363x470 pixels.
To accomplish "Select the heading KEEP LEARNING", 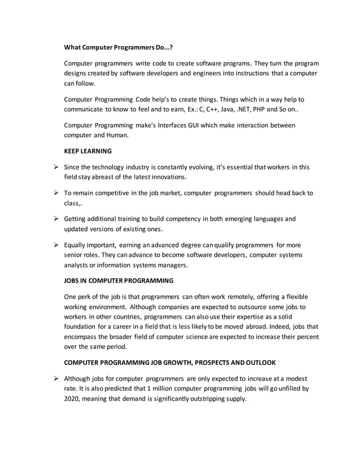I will (x=88, y=151).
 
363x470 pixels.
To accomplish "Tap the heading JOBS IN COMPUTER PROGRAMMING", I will (x=118, y=281).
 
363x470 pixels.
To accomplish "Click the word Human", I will (x=118, y=135).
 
